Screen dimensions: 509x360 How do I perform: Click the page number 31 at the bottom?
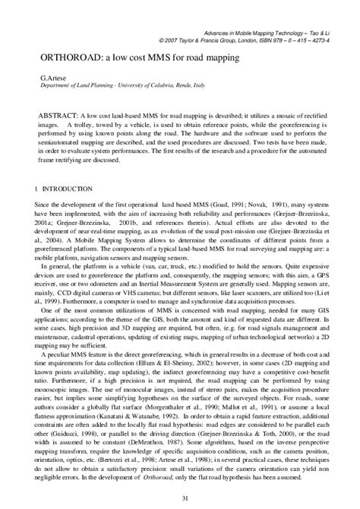tap(179, 498)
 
